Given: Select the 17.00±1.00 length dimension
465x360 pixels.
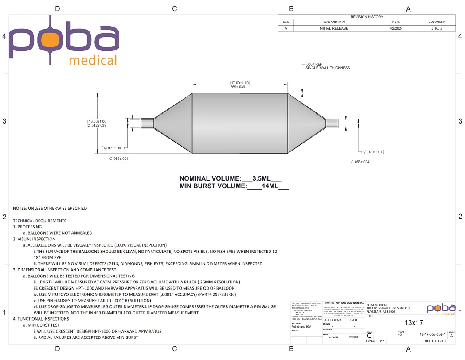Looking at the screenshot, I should coord(240,85).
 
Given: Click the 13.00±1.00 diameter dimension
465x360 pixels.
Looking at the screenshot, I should coord(97,123).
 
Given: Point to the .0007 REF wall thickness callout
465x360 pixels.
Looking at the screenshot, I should coord(328,66).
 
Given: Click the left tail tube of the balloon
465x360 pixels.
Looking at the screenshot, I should coord(147,123).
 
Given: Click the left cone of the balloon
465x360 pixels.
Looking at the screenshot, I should coord(173,123).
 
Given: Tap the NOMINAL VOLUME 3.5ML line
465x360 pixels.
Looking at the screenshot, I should coord(231,178).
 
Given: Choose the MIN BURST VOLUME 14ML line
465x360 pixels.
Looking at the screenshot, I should coord(234,186).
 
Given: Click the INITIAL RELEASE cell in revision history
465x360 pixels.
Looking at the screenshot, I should coord(333,28).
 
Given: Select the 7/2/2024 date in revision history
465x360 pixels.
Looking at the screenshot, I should coord(396,28).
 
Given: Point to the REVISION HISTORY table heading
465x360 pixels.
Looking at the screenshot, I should coord(367,17).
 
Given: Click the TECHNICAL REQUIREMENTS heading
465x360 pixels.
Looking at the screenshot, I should coord(40,221).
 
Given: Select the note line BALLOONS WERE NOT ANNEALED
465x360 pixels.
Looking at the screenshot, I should coord(60,233).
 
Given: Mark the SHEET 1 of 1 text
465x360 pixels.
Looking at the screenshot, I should coord(435,341).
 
